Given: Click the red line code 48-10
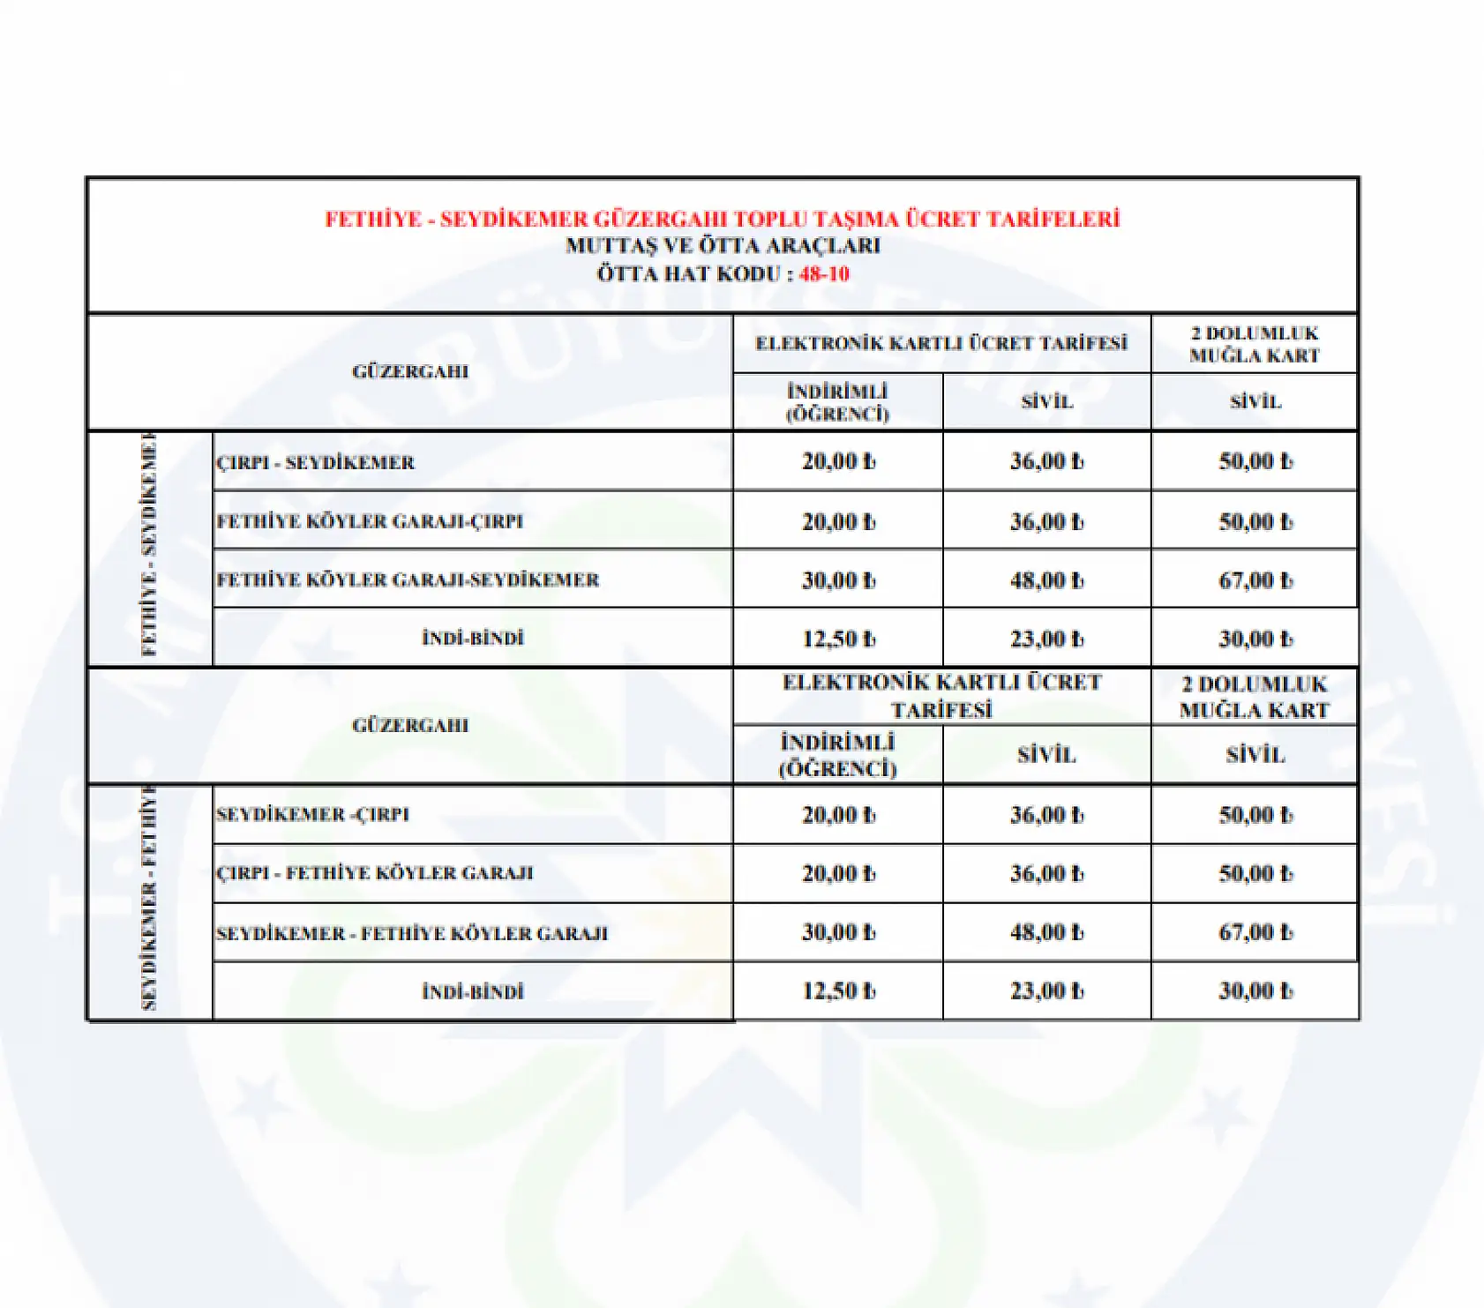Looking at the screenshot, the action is pyautogui.click(x=824, y=273).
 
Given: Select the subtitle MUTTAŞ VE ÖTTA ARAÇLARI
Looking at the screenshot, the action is pyautogui.click(x=723, y=245).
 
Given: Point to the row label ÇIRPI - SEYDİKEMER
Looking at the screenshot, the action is pyautogui.click(x=315, y=462).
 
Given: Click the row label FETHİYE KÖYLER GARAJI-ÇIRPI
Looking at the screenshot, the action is pyautogui.click(x=370, y=521).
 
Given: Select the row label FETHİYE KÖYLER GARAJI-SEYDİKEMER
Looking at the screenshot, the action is pyautogui.click(x=408, y=579).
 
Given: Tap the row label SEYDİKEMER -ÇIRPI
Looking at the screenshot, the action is pyautogui.click(x=312, y=814).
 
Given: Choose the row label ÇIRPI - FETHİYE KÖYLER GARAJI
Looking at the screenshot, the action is pyautogui.click(x=375, y=873).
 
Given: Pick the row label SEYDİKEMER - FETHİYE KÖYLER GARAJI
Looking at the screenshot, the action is pyautogui.click(x=412, y=932).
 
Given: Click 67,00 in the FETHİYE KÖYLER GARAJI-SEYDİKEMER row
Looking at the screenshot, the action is pyautogui.click(x=1255, y=580).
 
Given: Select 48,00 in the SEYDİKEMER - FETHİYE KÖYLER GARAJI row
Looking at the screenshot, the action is pyautogui.click(x=1046, y=932).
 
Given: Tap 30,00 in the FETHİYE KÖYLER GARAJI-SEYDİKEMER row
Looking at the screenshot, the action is pyautogui.click(x=838, y=580).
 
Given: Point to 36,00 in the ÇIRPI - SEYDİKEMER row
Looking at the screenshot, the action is pyautogui.click(x=1046, y=461).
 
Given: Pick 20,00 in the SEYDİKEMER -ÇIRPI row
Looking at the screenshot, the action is pyautogui.click(x=838, y=815).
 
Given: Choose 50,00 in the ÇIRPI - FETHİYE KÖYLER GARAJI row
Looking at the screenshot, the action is pyautogui.click(x=1255, y=873).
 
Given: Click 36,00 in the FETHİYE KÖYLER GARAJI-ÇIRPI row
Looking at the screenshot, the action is pyautogui.click(x=1046, y=521).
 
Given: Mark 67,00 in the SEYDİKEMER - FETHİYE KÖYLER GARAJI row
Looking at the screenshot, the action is pyautogui.click(x=1255, y=932).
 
